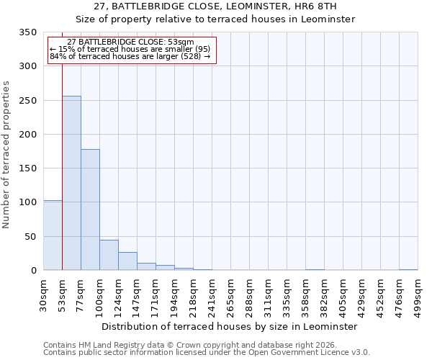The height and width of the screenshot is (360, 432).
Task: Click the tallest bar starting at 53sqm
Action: (x=71, y=183)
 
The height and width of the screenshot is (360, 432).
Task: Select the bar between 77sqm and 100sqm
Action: (x=90, y=210)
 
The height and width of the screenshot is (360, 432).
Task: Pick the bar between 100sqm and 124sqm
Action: (x=109, y=255)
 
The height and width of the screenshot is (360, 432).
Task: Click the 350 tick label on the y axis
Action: (x=27, y=32)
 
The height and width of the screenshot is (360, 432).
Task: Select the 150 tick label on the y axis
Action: (x=27, y=168)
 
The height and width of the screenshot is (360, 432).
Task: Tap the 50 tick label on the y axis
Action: (x=30, y=236)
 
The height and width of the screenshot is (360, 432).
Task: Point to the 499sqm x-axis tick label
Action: (x=418, y=295)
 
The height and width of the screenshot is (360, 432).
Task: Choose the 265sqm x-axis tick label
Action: (x=230, y=295)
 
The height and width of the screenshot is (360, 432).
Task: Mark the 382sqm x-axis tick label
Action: (x=324, y=295)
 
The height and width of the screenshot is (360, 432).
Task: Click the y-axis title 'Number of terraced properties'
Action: (x=7, y=155)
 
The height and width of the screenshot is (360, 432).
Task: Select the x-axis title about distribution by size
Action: (x=230, y=326)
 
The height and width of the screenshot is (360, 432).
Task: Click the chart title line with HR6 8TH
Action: (x=215, y=6)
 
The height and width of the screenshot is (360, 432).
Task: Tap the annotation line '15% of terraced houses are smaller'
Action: (x=130, y=49)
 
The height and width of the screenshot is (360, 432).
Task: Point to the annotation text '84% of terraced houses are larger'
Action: (x=130, y=56)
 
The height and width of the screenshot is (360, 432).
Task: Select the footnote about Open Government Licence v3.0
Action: (x=207, y=352)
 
